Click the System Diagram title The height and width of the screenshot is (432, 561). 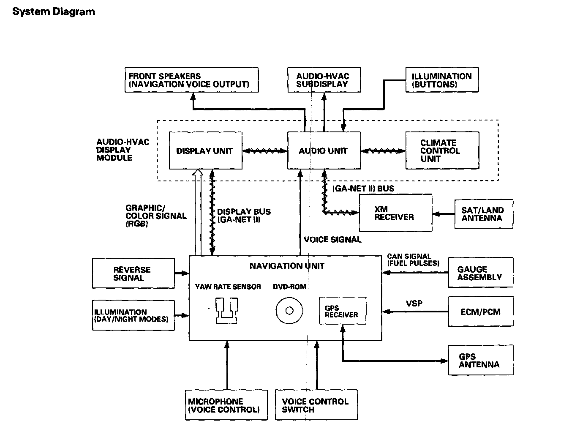point(54,11)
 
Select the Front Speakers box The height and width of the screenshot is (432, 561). point(192,80)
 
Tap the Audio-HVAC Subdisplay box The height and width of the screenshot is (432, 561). point(324,80)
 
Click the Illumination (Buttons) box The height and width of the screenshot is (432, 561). point(442,80)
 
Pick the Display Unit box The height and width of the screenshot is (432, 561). point(205,151)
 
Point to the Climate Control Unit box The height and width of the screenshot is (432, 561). point(442,151)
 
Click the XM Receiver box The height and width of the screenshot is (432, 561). point(395,213)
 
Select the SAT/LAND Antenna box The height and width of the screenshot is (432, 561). point(484,214)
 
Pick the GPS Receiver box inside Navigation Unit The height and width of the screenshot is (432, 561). point(342,311)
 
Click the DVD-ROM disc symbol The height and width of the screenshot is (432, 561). point(289,311)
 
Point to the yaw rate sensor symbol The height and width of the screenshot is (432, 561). point(227,311)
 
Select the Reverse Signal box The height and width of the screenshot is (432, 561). point(133,274)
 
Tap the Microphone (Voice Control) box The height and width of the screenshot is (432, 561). point(226,405)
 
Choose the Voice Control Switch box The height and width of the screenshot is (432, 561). point(316,405)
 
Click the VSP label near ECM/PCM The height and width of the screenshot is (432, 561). point(414,303)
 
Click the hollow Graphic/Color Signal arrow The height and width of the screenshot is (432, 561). point(198,211)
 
